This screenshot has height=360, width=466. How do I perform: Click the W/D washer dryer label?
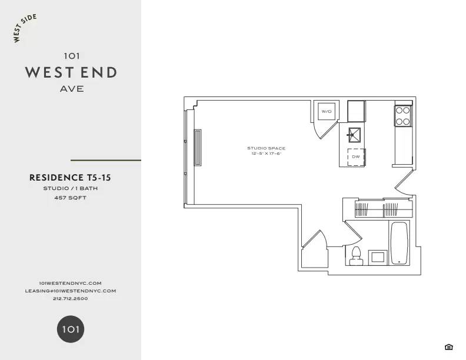tap(326, 111)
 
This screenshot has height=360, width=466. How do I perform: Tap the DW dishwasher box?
tap(356, 157)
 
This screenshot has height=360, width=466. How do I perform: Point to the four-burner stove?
tap(402, 116)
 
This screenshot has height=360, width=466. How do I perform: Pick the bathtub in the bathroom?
tap(398, 243)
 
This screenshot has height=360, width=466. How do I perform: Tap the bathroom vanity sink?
tap(377, 257)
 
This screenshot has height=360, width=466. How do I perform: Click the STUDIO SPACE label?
tap(266, 148)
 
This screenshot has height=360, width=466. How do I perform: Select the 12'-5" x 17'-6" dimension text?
tap(266, 154)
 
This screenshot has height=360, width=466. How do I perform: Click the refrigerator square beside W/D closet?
tap(356, 110)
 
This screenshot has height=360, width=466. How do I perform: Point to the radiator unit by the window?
tap(198, 147)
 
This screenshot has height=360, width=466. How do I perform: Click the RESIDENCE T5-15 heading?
tap(70, 177)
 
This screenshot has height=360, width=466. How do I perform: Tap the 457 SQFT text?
tap(70, 198)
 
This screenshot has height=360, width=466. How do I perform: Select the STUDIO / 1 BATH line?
tap(70, 189)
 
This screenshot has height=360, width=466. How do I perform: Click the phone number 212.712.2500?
tap(70, 299)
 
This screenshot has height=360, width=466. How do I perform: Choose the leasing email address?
tap(70, 291)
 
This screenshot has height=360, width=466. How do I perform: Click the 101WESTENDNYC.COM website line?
tap(70, 283)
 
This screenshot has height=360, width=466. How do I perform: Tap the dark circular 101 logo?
tap(71, 329)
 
